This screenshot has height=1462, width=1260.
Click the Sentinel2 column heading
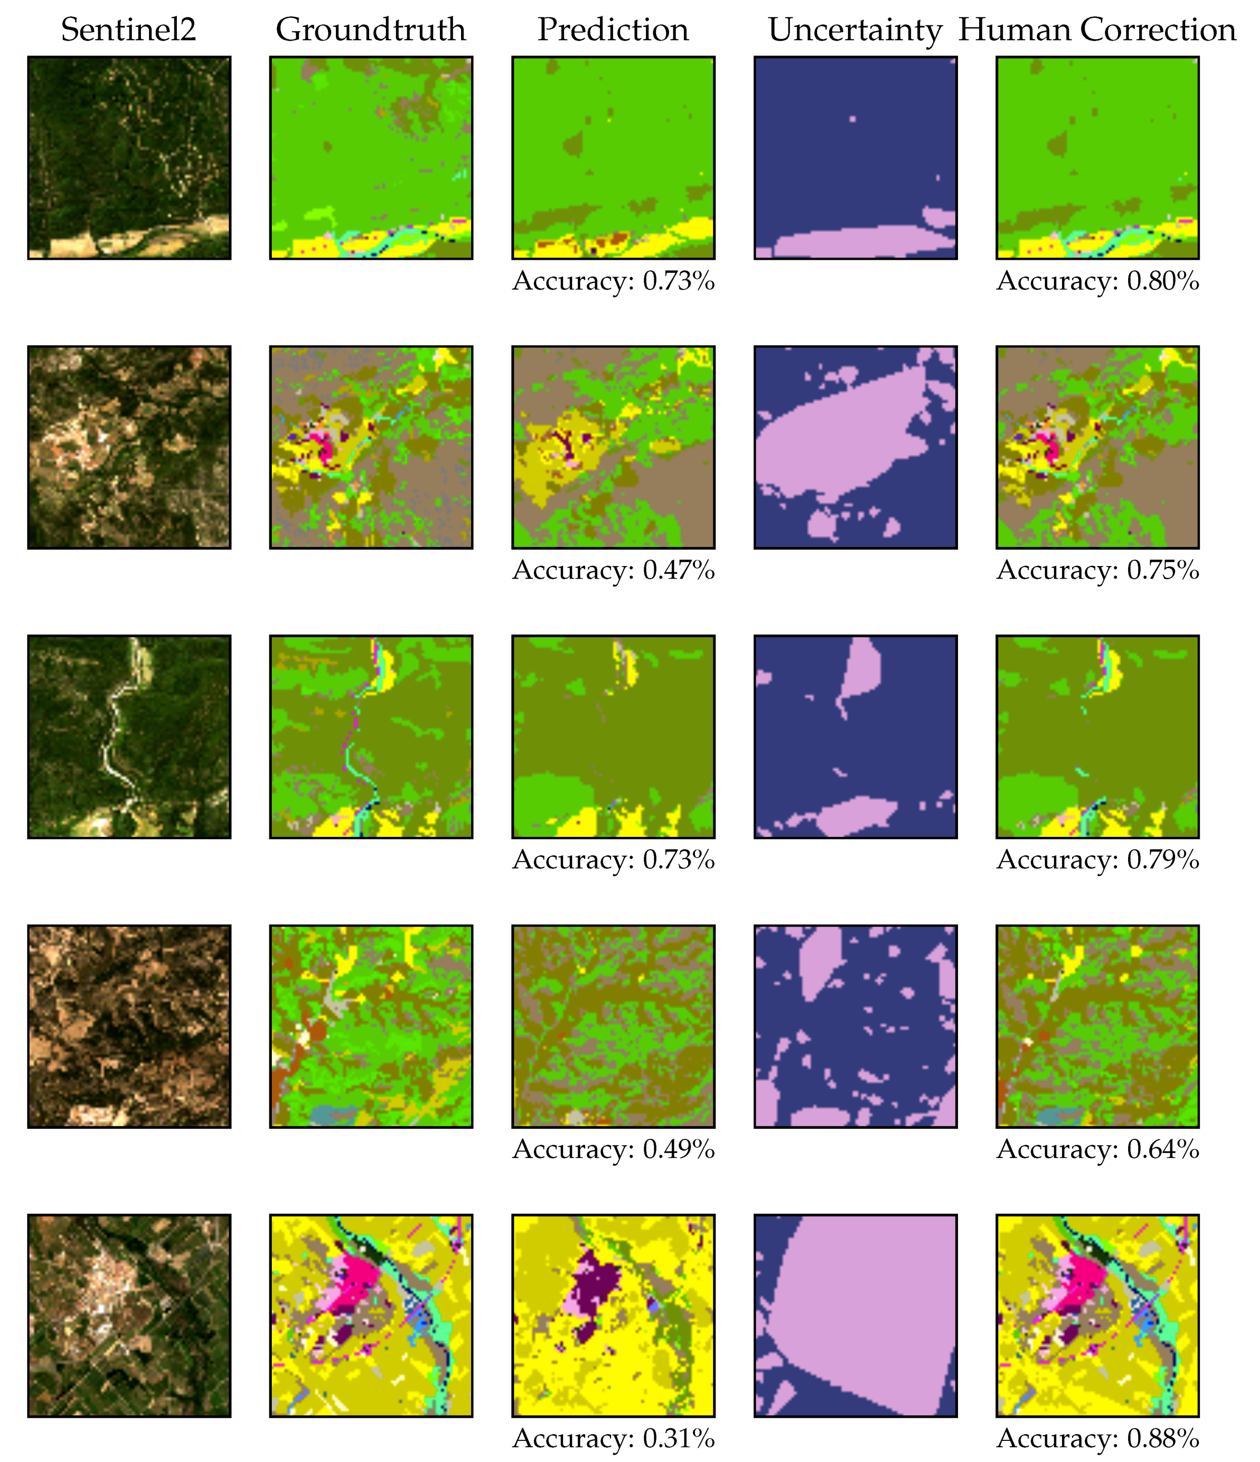(x=128, y=30)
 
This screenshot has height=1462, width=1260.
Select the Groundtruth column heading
(x=370, y=30)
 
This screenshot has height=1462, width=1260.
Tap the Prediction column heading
(x=613, y=30)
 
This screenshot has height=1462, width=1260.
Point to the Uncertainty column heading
(x=855, y=30)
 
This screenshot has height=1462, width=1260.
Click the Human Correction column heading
(x=1097, y=30)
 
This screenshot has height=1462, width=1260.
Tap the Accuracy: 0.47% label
(x=613, y=570)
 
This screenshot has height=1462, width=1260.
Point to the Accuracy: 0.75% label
(x=1097, y=570)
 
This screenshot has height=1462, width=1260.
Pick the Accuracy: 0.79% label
(x=1097, y=859)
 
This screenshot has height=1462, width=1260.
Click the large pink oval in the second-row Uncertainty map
(x=840, y=438)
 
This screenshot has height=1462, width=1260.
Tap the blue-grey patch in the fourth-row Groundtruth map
(x=332, y=1114)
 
